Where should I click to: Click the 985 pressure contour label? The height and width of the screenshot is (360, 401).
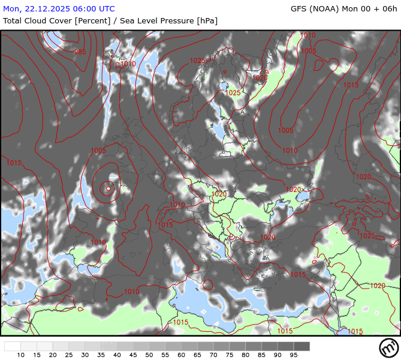pos(80,52)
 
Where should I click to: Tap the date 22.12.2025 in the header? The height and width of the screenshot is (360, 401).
pos(52,9)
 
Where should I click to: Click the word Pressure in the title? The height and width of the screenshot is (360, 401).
pos(173,20)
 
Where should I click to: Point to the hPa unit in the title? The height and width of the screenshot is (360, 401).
pos(206,20)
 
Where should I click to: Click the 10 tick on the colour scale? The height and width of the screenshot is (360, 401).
pos(21,355)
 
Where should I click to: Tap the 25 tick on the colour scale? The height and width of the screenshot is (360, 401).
pos(69,355)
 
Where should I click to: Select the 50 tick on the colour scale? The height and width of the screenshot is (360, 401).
pos(149,355)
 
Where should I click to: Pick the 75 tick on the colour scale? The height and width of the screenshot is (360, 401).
pos(230,355)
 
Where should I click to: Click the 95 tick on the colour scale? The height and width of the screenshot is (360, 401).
pos(294,355)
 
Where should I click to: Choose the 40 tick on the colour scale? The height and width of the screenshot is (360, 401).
pos(117,355)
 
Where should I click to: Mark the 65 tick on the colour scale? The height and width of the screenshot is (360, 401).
pos(197,355)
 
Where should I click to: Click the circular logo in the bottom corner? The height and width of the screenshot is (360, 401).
pos(388,347)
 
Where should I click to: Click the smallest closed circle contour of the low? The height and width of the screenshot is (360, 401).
pos(108,188)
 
